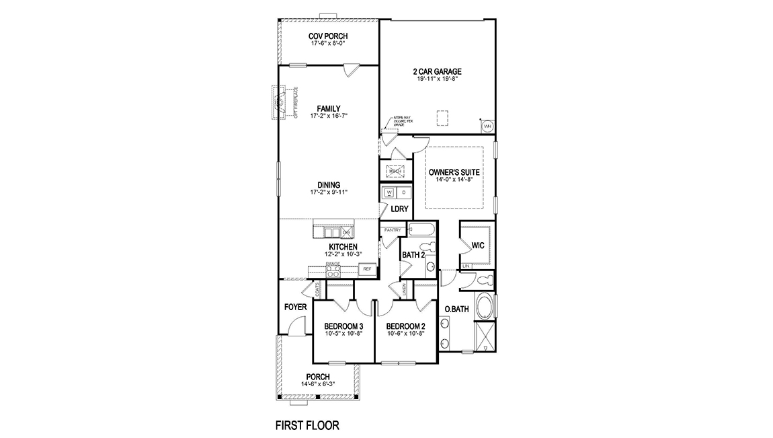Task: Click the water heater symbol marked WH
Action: click(487, 126)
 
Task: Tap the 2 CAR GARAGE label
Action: click(437, 71)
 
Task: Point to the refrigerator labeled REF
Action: click(366, 269)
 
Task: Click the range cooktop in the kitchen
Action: click(333, 271)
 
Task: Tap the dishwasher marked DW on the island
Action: click(347, 233)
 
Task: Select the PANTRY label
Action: click(392, 230)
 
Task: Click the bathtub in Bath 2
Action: click(421, 231)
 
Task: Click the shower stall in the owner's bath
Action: click(485, 336)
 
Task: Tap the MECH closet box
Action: click(395, 171)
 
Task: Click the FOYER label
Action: click(295, 307)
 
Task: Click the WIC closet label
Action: click(478, 246)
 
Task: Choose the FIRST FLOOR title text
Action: click(307, 425)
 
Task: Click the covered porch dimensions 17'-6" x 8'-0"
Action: click(328, 44)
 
